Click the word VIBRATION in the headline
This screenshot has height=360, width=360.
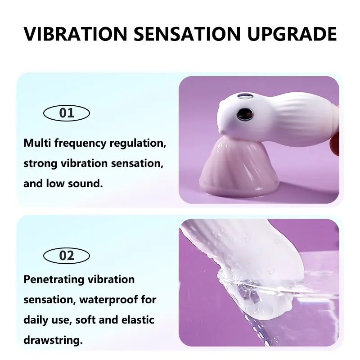tap(75, 34)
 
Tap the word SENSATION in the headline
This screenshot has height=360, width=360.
tap(187, 34)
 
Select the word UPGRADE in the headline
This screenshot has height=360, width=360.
tap(292, 34)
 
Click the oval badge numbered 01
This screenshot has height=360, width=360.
tap(67, 113)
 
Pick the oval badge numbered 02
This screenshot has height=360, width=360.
tap(67, 256)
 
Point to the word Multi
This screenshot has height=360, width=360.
tap(37, 143)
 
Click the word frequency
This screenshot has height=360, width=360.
tap(81, 144)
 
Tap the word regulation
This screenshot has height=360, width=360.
tap(138, 144)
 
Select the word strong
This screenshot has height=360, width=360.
tap(40, 164)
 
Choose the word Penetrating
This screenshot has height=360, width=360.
tap(54, 280)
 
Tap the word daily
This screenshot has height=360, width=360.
tap(36, 320)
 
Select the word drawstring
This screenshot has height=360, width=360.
tap(53, 341)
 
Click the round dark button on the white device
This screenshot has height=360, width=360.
tap(245, 114)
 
